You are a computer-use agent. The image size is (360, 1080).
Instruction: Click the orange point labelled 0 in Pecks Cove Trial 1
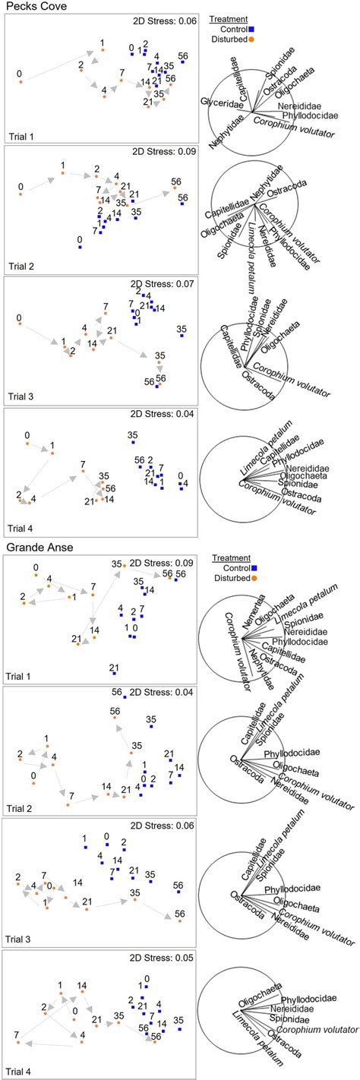point(21,81)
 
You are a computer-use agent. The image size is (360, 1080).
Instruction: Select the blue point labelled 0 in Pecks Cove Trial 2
point(80,247)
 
